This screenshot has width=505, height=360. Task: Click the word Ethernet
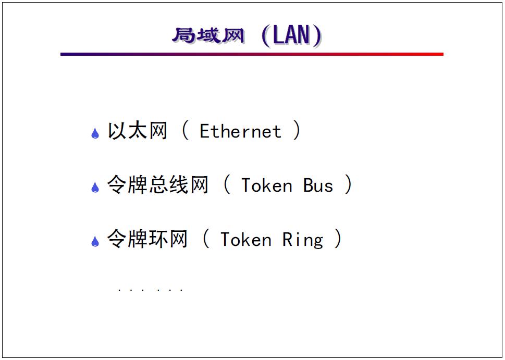pos(240,131)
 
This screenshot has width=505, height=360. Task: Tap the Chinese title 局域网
pos(208,36)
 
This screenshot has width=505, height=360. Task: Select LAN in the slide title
pos(292,35)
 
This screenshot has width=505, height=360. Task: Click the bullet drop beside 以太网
pos(95,133)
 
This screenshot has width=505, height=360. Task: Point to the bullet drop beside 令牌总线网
pos(95,187)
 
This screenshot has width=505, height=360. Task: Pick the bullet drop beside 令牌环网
pos(95,241)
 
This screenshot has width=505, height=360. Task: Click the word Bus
pos(318,185)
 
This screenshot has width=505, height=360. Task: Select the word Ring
pos(303,240)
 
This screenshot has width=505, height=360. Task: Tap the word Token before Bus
pos(266,185)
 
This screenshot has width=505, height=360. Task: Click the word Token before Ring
pos(245,240)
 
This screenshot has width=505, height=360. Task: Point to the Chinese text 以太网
pos(138,131)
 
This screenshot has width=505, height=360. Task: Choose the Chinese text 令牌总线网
pos(158,185)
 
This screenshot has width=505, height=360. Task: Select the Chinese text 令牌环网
pos(147,239)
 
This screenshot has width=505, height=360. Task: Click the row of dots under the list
pos(150,290)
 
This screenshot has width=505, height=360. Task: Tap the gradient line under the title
pos(252,54)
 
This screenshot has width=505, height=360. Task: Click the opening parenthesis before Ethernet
pos(185,131)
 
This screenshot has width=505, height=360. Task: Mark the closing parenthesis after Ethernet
pos(296,131)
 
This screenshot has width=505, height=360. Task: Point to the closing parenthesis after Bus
pos(348,185)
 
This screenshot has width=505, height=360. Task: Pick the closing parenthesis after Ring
pos(338,239)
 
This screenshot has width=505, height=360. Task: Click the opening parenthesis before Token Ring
pos(206,239)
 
